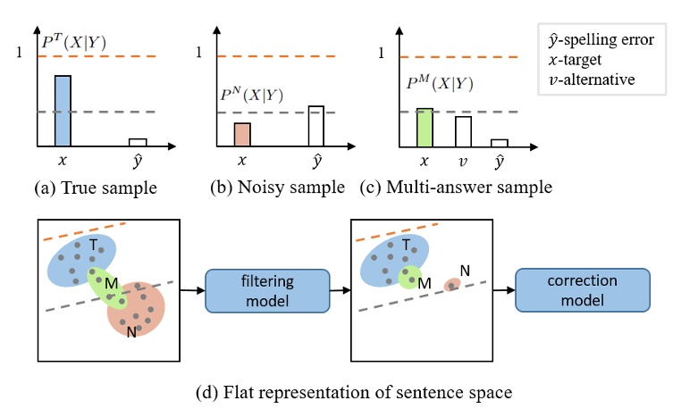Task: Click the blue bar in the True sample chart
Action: click(x=62, y=111)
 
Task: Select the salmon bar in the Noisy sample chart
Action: click(x=241, y=134)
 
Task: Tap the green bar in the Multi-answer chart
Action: click(x=425, y=127)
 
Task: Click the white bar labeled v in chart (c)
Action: click(x=463, y=130)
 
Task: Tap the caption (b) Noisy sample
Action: click(x=276, y=188)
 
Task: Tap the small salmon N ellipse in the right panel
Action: click(x=453, y=285)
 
